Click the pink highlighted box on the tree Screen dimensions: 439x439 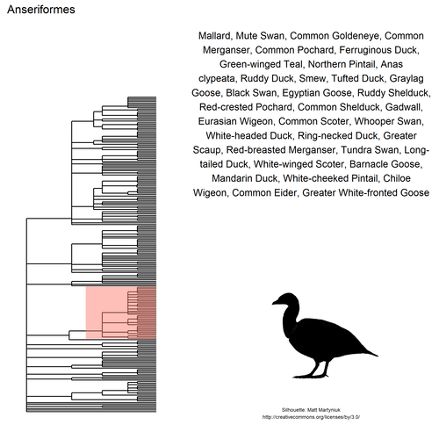coord(121,313)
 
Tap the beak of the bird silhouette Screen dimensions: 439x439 coord(273,303)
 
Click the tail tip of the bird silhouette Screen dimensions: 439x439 coord(375,355)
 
